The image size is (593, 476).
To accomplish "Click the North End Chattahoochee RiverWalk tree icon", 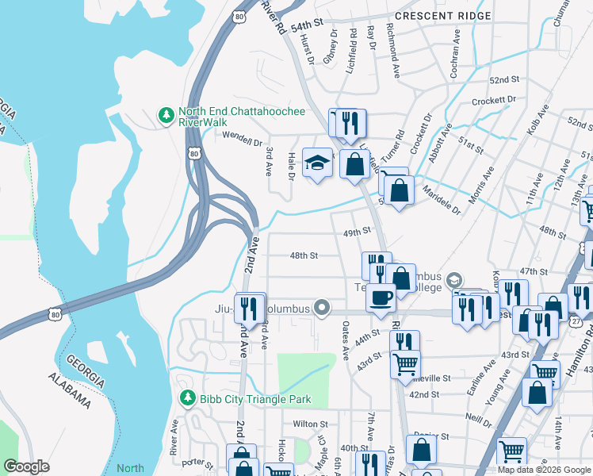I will (166, 116).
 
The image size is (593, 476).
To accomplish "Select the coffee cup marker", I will (381, 297).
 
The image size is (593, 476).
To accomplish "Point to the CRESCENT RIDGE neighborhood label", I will (443, 16).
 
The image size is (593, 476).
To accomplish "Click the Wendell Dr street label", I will (242, 143).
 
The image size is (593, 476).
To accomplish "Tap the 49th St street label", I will (357, 232).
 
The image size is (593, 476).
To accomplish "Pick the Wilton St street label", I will (311, 424).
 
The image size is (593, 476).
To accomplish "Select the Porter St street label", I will (198, 463).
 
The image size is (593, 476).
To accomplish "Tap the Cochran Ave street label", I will (457, 50).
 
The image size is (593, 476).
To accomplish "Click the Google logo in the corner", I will (26, 466).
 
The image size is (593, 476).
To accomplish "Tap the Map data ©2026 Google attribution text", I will (544, 470).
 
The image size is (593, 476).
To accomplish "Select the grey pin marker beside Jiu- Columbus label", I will (321, 306).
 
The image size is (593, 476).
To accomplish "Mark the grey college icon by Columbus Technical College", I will (454, 280).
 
